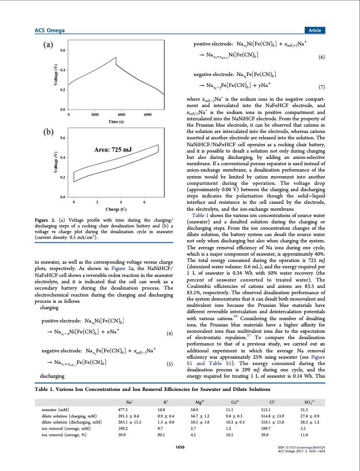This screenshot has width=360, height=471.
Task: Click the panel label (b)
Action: pos(47,130)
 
